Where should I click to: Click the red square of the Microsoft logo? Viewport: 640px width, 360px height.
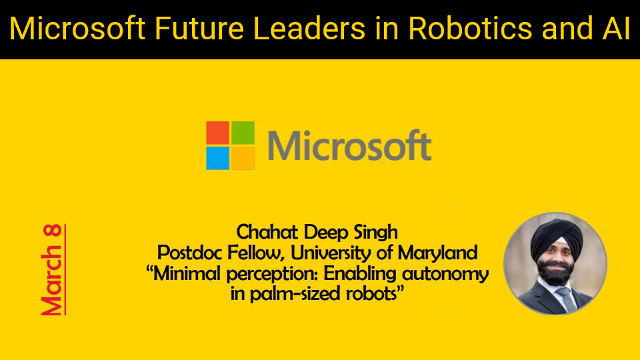pyautogui.click(x=217, y=133)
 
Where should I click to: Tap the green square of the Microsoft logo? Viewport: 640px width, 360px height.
pyautogui.click(x=243, y=133)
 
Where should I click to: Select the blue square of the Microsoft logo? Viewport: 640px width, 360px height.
pyautogui.click(x=217, y=158)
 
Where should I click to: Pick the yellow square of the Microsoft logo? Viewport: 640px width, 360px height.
pyautogui.click(x=243, y=158)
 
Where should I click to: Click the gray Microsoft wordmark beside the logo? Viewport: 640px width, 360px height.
pyautogui.click(x=349, y=145)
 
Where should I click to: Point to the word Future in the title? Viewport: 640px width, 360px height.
pyautogui.click(x=199, y=28)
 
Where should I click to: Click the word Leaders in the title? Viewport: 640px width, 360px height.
pyautogui.click(x=309, y=28)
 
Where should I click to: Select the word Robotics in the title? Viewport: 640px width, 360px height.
pyautogui.click(x=470, y=28)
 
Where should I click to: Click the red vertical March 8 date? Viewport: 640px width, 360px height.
pyautogui.click(x=53, y=269)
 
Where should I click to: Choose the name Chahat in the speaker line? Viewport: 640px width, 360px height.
pyautogui.click(x=267, y=232)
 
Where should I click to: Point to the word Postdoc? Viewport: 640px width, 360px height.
pyautogui.click(x=190, y=253)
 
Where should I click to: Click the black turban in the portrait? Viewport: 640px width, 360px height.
pyautogui.click(x=556, y=238)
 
